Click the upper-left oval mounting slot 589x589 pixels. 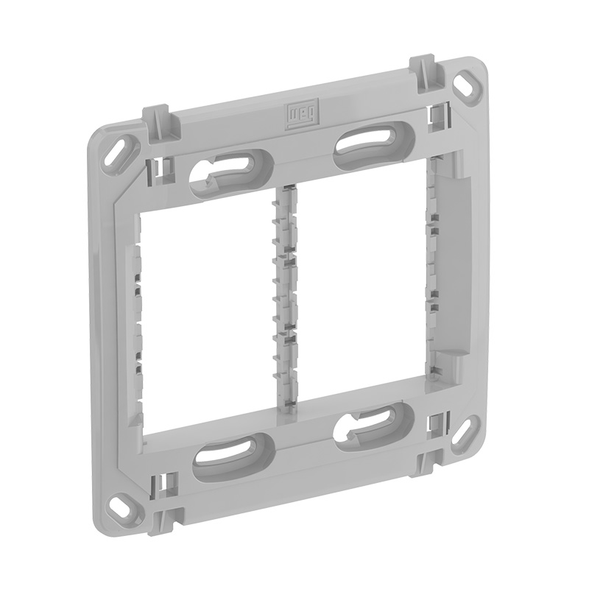232,172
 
